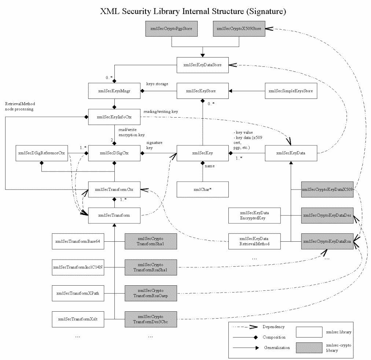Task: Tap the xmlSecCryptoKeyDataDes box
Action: (x=327, y=216)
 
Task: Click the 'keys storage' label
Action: (x=157, y=84)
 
